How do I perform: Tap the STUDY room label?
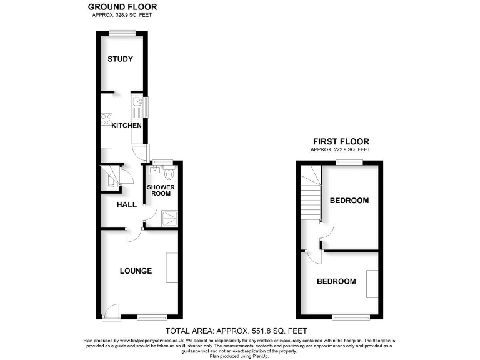coord(120,59)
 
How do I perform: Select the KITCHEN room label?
coord(126,126)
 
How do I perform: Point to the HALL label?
coord(127,204)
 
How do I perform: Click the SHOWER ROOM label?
coord(161,190)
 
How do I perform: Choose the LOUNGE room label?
coord(136,271)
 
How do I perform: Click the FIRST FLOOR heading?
coord(341,141)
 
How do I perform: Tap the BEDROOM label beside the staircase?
coord(349,201)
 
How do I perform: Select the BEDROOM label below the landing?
coord(336,281)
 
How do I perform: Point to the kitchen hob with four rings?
coord(106,119)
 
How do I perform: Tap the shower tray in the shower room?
coord(169,218)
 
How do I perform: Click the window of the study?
coord(122,32)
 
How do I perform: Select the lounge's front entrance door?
coord(111,311)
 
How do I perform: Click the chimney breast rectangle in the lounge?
coord(172,269)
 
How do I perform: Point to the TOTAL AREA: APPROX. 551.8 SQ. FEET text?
coord(236,331)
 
